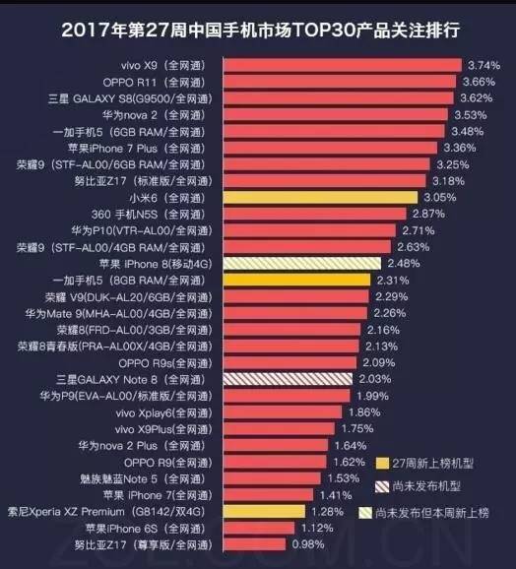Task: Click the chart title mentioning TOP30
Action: click(x=258, y=29)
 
